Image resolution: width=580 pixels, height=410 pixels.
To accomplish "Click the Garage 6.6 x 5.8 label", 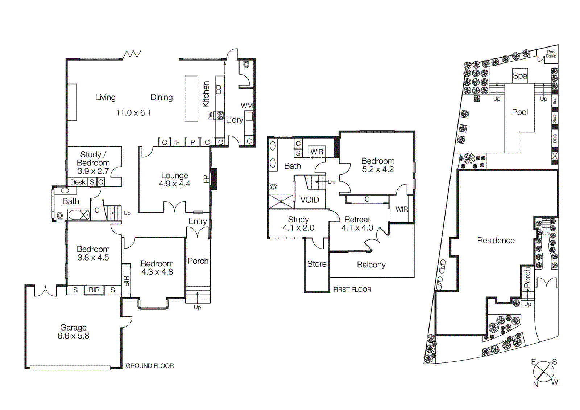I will (73, 332).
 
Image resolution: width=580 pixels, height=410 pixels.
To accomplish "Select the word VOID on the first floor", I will (310, 200).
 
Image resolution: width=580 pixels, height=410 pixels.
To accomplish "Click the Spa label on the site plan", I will (520, 76).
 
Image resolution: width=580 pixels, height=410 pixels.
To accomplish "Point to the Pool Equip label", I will (551, 54).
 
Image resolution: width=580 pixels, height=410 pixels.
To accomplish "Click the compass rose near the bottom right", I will (544, 372).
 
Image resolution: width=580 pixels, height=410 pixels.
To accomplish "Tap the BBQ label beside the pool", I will (555, 138).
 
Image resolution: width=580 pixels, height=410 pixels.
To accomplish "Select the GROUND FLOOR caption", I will (150, 366).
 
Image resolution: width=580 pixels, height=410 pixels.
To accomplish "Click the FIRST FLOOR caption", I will (352, 290).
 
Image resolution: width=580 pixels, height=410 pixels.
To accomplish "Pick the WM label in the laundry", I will (246, 106).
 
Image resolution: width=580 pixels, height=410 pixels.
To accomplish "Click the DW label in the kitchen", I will (211, 115).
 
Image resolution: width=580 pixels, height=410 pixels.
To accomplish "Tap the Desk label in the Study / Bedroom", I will (78, 182).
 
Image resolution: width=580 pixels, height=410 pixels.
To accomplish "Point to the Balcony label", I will (371, 265).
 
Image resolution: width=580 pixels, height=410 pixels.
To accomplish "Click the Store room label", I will (316, 264).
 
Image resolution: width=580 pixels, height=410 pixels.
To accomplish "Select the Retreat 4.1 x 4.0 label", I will (357, 224).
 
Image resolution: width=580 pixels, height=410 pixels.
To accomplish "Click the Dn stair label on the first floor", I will (331, 182).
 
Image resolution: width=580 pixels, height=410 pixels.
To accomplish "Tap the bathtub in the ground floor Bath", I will (79, 215).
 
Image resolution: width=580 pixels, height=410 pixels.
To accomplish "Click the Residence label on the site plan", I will (496, 241).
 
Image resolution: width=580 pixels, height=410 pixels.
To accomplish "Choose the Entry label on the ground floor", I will (198, 221).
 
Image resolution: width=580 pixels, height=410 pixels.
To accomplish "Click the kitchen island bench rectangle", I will (191, 99).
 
